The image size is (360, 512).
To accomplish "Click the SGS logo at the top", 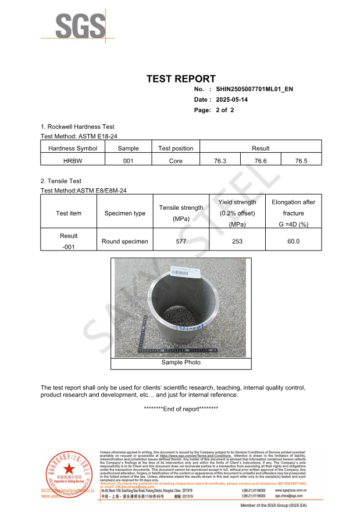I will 80,27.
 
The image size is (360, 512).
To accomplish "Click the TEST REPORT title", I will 181,79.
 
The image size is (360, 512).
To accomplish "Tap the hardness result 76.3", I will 220,161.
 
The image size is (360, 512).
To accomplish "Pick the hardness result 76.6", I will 261,161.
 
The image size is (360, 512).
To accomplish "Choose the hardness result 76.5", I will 301,161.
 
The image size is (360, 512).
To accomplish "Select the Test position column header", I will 176,148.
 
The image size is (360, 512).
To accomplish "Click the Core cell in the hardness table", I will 176,161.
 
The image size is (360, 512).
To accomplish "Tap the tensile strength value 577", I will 181,241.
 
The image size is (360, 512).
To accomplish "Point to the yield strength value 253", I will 237,241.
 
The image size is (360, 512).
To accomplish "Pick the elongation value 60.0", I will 293,241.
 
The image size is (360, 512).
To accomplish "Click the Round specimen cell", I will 125,241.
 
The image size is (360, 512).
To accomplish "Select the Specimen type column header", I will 125,213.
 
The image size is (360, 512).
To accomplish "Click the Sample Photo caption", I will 181,363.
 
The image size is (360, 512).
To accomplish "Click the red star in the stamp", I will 69,469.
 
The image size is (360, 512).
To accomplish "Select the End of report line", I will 181,409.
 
